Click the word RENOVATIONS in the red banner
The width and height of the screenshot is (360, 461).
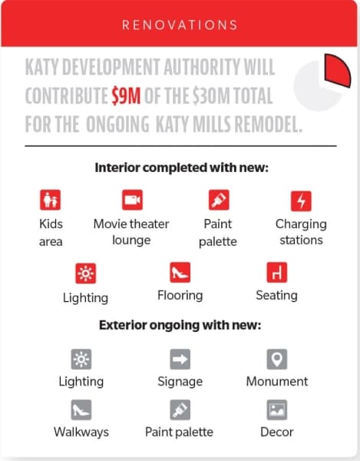[x=180, y=25]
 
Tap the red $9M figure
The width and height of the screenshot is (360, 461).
[x=126, y=95]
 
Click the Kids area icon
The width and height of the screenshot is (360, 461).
[x=50, y=200]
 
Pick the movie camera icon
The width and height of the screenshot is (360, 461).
[x=132, y=200]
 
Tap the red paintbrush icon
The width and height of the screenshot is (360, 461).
[x=219, y=200]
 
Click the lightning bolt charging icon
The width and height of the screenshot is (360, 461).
[x=301, y=201]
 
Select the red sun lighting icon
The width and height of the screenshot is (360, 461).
[x=85, y=274]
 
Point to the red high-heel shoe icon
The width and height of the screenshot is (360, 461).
[x=180, y=272]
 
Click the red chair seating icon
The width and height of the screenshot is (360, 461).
[x=277, y=272]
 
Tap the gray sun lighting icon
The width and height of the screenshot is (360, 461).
[x=81, y=360]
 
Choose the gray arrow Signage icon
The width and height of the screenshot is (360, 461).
[x=180, y=360]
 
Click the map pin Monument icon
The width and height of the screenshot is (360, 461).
[x=277, y=360]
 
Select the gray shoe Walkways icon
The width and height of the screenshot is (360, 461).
[x=81, y=410]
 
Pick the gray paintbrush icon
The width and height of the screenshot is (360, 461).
[x=180, y=410]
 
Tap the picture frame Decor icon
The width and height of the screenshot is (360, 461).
[x=277, y=410]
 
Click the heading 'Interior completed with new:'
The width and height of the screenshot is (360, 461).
[x=181, y=167]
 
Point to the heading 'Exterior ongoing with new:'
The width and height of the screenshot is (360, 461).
[x=180, y=326]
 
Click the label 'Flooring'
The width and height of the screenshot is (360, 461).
[x=180, y=296]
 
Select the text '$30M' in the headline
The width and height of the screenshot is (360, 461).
[x=211, y=95]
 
